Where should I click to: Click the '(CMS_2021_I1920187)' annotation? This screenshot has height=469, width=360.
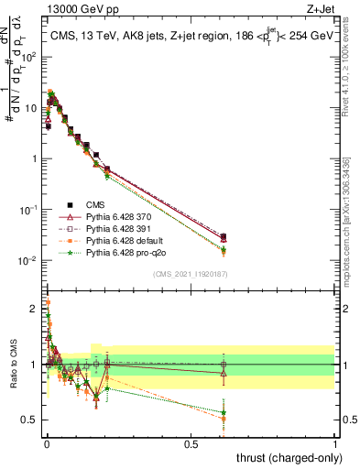coord(191,274)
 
